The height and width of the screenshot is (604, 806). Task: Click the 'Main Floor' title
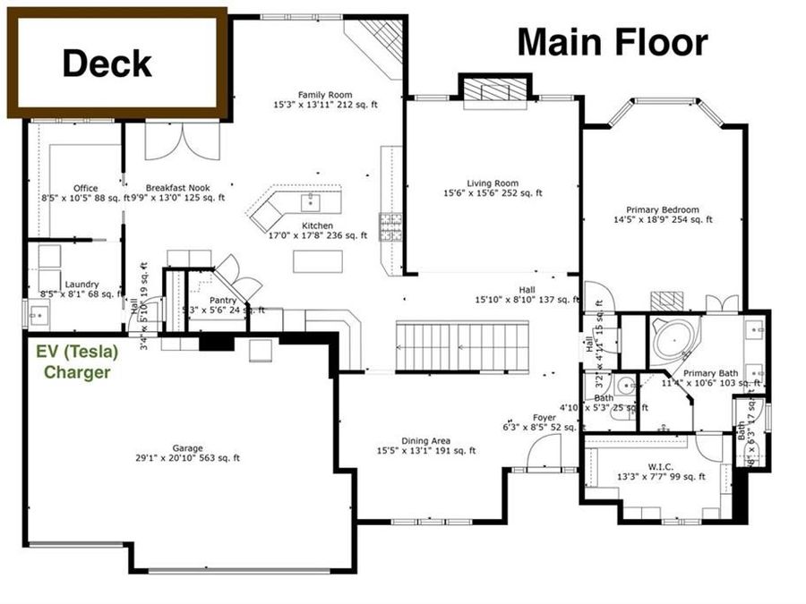613,42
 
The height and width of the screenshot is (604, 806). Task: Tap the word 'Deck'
107,64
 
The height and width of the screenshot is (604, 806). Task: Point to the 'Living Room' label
493,183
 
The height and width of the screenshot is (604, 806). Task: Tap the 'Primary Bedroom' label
663,208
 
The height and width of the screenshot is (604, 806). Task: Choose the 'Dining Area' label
425,440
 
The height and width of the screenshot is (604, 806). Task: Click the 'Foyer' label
544,418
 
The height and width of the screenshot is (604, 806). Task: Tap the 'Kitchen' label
317,225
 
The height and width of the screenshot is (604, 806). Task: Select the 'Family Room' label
325,94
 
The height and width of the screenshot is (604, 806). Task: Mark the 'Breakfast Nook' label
177,188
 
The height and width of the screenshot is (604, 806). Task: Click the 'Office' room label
86,188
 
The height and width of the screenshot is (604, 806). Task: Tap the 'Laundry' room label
81,284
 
